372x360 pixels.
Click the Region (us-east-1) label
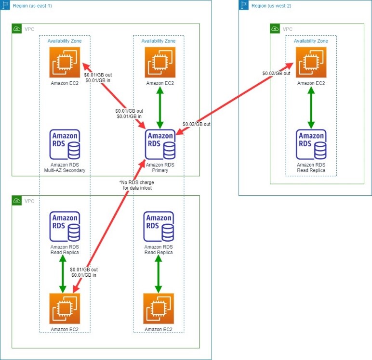click(x=32, y=5)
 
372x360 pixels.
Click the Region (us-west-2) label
click(x=271, y=5)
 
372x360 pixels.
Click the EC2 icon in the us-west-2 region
click(x=311, y=63)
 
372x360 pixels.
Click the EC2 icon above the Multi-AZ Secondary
click(x=65, y=63)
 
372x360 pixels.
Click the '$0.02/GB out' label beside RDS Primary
click(x=197, y=124)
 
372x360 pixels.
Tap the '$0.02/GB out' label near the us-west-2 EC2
click(x=276, y=73)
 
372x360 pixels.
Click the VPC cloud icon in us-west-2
click(x=275, y=29)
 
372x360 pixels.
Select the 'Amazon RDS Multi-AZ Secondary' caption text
click(x=65, y=167)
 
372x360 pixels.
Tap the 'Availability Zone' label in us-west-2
click(x=311, y=41)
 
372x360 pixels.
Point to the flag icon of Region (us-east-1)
click(x=5, y=5)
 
